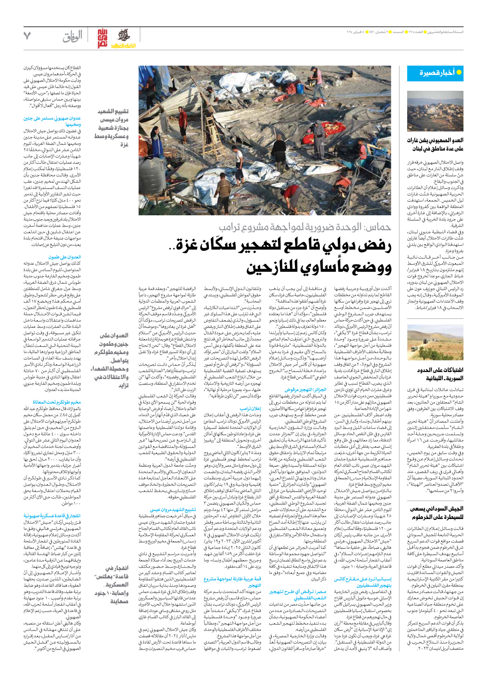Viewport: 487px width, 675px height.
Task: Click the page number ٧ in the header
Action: click(x=27, y=36)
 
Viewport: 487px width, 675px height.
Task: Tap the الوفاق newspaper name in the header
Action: click(x=73, y=37)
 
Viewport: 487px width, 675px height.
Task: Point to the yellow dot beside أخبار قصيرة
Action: click(x=459, y=72)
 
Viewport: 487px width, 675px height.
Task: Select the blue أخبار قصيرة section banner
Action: click(x=435, y=73)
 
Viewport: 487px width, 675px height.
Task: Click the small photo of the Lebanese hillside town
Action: click(x=435, y=111)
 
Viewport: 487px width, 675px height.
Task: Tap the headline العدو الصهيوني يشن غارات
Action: click(x=435, y=144)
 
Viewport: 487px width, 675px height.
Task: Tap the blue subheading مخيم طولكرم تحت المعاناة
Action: click(x=57, y=402)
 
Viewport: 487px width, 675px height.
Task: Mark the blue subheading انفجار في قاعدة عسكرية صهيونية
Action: click(x=52, y=516)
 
